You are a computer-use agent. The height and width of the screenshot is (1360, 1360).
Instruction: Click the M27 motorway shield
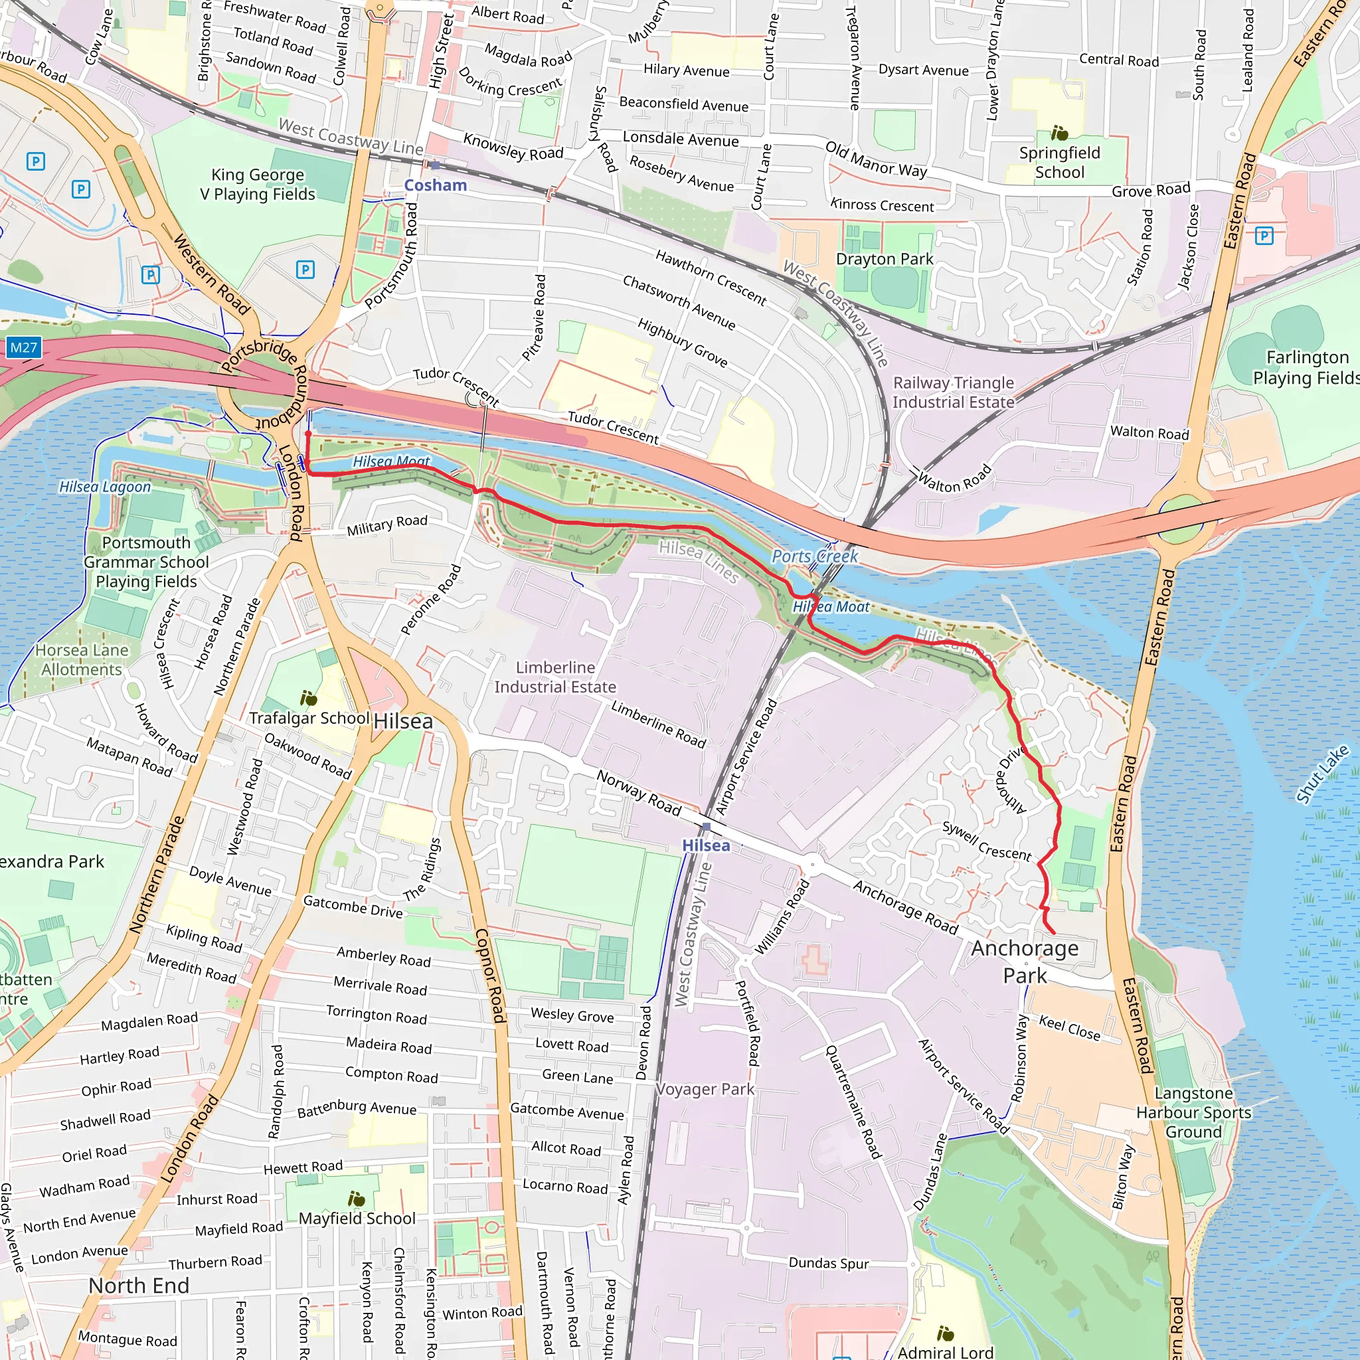23,348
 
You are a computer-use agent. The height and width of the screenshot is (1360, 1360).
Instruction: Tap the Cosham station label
435,185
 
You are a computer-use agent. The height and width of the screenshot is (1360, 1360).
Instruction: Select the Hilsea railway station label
705,845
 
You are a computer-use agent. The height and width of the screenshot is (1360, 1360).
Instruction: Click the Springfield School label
1059,163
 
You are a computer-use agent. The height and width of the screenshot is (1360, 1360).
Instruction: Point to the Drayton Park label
884,259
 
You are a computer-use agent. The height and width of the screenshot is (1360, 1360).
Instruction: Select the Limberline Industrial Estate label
554,677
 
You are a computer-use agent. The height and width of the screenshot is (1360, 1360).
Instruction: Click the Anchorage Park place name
1024,962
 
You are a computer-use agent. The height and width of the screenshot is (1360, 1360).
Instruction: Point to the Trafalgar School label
309,717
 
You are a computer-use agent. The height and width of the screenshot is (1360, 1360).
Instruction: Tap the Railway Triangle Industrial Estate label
953,392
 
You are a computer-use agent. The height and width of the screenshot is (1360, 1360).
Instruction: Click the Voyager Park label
705,1089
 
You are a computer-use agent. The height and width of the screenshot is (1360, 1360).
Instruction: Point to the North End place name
139,1286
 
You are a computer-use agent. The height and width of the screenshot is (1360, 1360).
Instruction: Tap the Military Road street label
386,525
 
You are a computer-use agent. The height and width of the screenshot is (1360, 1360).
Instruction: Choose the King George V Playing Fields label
258,185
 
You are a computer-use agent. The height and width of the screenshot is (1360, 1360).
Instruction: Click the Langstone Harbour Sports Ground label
1193,1112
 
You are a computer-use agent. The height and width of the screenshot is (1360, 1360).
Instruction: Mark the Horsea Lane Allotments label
82,659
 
